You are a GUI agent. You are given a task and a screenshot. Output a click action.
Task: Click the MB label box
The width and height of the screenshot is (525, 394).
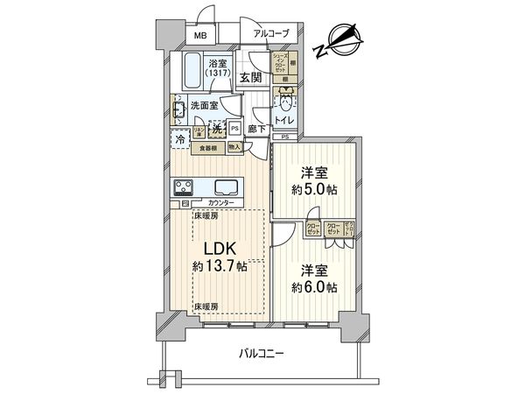(200, 36)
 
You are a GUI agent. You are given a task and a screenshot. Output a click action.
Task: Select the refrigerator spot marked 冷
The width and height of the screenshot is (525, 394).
(179, 139)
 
